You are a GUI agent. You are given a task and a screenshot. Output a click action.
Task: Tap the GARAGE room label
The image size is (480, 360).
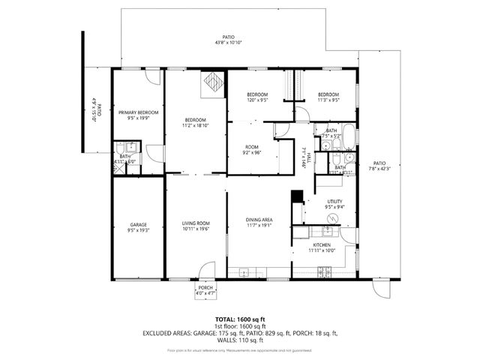(x=137, y=224)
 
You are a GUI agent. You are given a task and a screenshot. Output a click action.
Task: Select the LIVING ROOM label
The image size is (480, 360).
(x=196, y=223)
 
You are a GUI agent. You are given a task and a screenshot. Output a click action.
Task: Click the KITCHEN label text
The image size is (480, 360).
(x=322, y=245)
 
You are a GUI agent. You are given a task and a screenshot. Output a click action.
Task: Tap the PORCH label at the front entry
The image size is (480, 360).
(x=205, y=288)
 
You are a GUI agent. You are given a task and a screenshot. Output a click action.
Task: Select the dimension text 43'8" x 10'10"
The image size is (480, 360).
(x=228, y=42)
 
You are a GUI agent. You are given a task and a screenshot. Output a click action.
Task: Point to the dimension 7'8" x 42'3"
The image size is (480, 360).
(x=379, y=169)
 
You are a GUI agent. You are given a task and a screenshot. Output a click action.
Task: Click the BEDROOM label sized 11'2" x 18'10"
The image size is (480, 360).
(x=196, y=120)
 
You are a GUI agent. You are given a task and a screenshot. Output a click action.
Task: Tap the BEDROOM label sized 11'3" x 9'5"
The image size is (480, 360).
(x=328, y=94)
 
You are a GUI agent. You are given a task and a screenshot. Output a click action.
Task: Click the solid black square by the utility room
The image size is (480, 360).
(x=296, y=196)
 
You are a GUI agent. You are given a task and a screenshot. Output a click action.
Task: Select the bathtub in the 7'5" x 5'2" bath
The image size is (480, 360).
(x=347, y=136)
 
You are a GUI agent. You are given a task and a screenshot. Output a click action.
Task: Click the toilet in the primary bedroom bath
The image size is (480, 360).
(x=130, y=146)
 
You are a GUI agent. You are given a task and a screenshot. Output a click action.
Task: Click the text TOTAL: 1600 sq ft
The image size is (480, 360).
(x=240, y=319)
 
